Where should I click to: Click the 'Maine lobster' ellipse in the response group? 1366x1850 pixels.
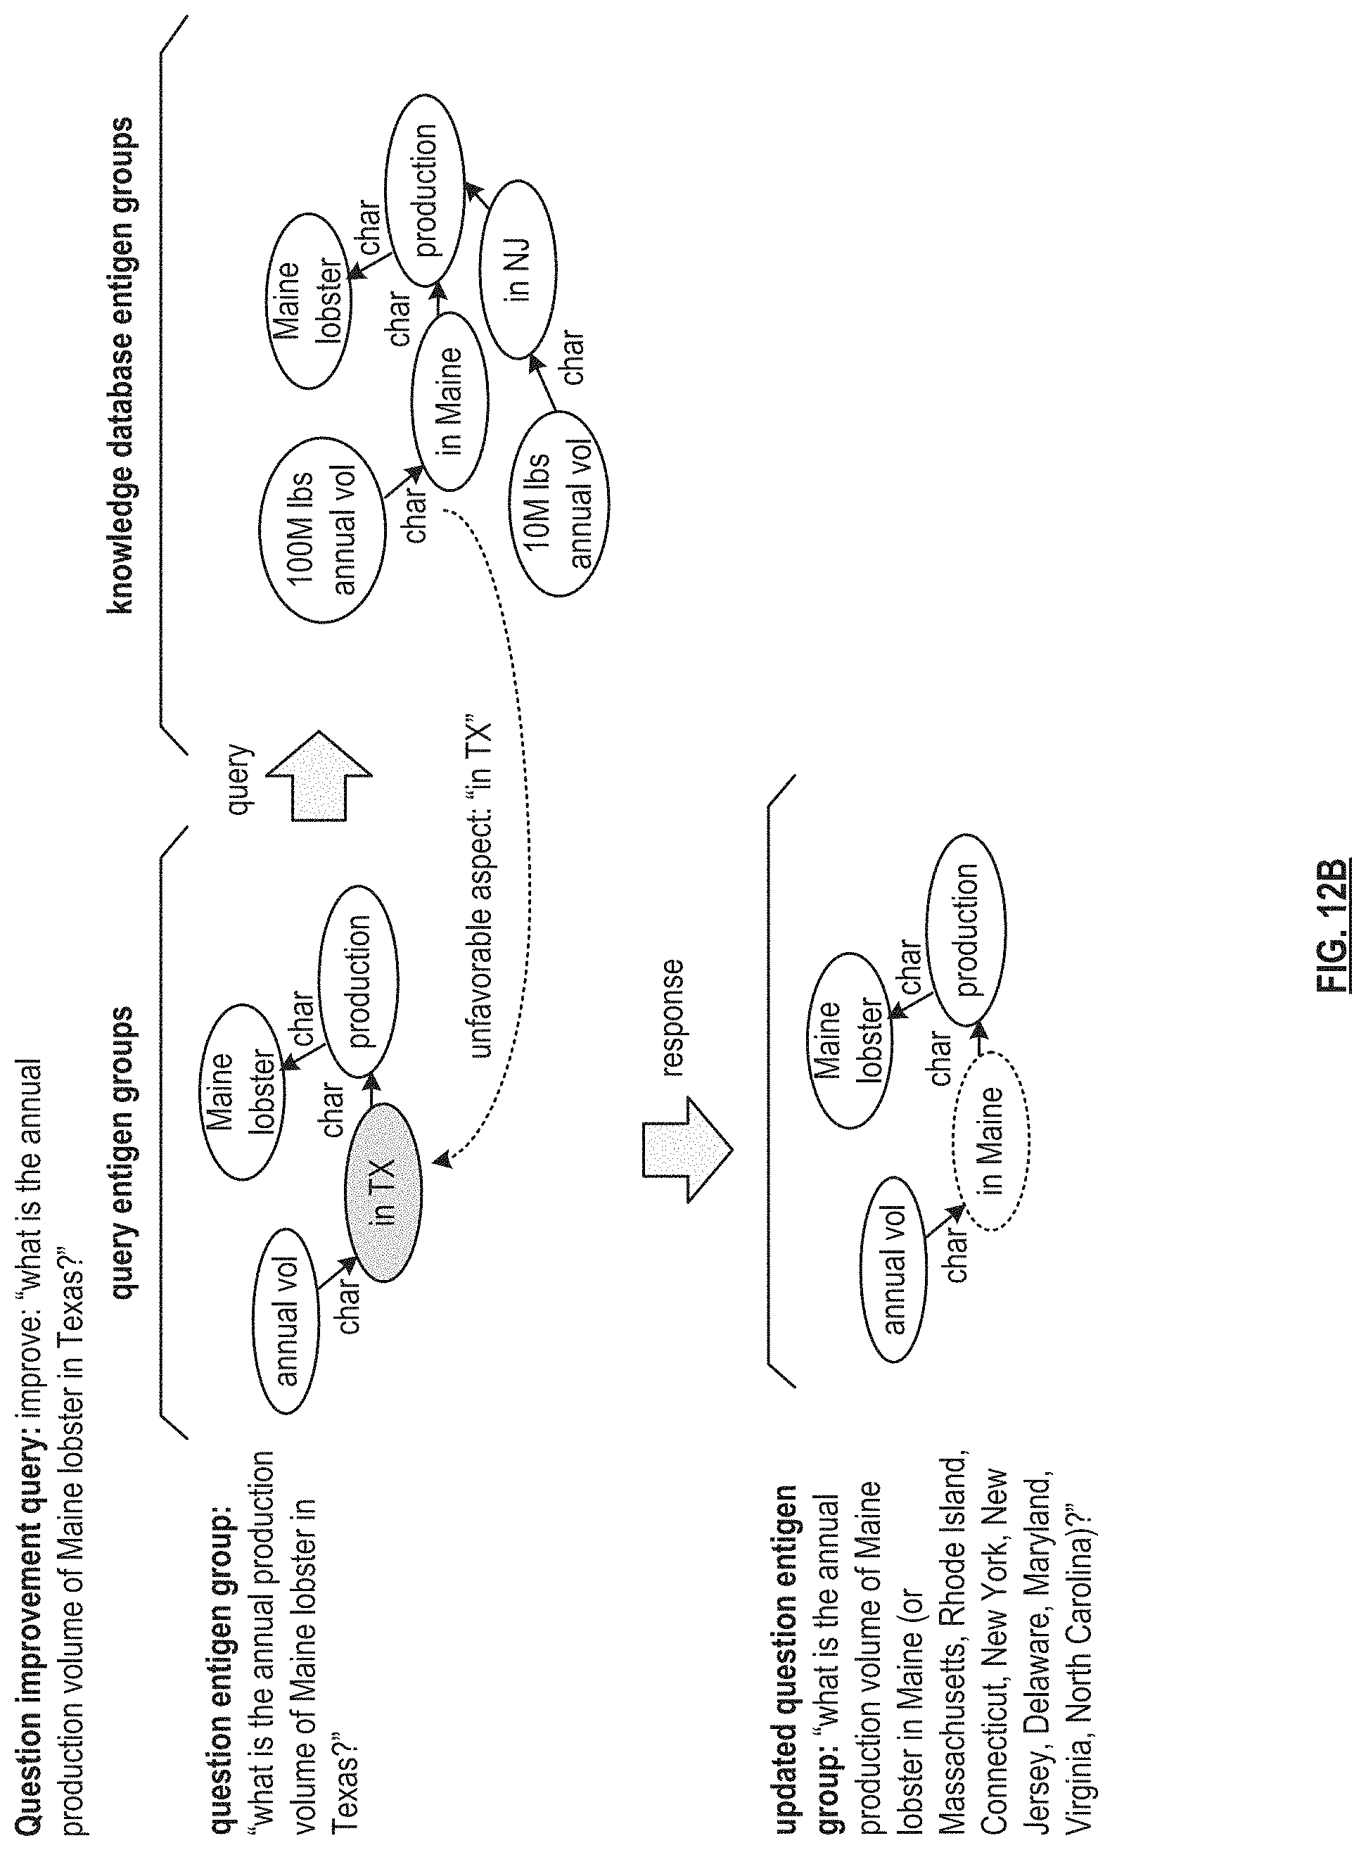coord(848,1042)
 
